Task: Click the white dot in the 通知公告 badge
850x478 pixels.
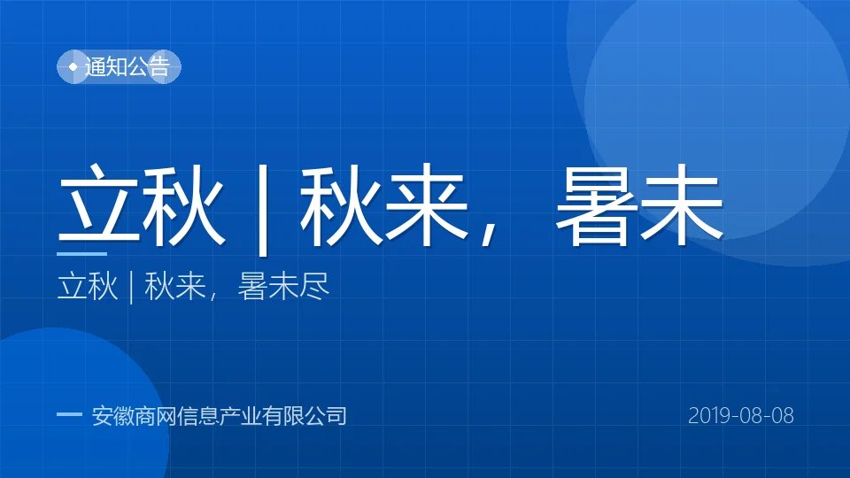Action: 73,66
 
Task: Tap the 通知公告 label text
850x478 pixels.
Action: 127,66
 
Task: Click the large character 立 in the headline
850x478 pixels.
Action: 98,204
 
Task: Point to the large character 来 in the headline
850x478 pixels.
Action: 426,204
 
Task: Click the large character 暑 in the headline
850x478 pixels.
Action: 597,204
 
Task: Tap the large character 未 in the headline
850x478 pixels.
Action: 682,204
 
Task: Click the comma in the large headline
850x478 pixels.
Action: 489,234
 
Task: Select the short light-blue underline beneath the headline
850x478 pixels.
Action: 81,253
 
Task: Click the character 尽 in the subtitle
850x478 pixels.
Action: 314,286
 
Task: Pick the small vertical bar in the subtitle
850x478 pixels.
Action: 131,288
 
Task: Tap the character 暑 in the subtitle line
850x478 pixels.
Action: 252,286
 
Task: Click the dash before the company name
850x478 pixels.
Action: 69,414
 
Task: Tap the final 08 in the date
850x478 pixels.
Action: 783,416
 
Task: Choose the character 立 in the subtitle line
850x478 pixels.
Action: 72,286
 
